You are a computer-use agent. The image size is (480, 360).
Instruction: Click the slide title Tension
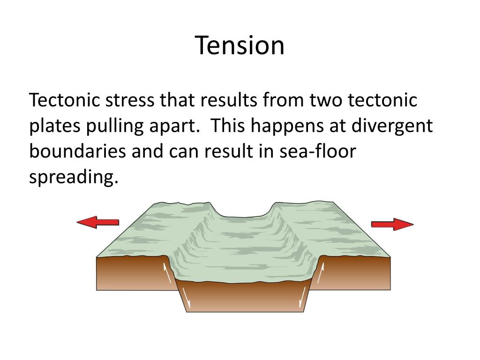240,46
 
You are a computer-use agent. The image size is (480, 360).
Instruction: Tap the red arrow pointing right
392,224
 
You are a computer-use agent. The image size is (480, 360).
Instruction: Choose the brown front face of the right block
356,274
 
